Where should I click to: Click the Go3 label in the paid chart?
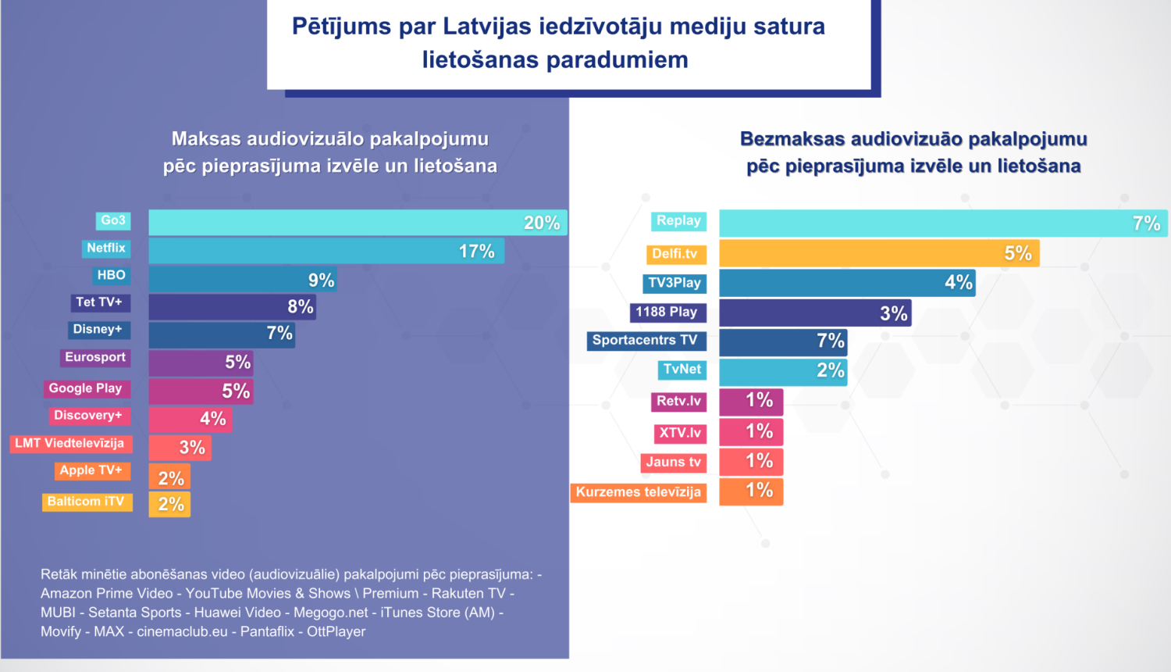coord(113,221)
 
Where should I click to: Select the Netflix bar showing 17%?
coord(326,251)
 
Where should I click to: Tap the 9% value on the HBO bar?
coord(321,281)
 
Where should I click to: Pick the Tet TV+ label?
coord(99,302)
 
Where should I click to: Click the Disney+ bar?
coord(222,334)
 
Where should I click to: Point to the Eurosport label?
coord(95,358)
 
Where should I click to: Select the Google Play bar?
coord(201,391)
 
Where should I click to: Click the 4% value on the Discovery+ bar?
coord(212,419)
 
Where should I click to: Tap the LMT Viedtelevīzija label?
coord(70,444)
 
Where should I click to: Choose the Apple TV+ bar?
coord(169,477)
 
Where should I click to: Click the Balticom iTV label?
coord(87,502)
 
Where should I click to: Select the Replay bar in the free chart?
coord(942,223)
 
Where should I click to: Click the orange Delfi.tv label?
coord(675,254)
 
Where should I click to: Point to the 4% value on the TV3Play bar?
coord(958,283)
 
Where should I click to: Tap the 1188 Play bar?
coord(814,313)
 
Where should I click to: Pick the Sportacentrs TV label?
coord(646,341)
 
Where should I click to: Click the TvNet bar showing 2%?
coord(782,371)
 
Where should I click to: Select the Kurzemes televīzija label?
coord(639,492)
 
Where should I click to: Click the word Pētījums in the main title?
coord(340,27)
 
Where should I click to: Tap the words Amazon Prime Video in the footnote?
coord(107,594)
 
